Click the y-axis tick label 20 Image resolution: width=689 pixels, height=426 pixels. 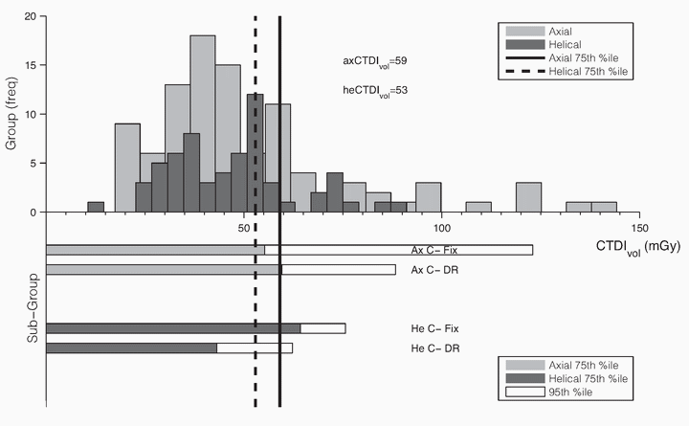(31, 17)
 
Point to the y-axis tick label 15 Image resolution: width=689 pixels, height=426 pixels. (31, 66)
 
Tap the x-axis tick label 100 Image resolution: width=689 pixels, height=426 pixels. (442, 226)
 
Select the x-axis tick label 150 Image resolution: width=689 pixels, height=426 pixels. (640, 226)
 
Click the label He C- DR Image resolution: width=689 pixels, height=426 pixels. (429, 348)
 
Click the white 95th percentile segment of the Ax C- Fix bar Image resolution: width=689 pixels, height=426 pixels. (398, 251)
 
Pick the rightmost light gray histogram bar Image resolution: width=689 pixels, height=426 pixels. (603, 207)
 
